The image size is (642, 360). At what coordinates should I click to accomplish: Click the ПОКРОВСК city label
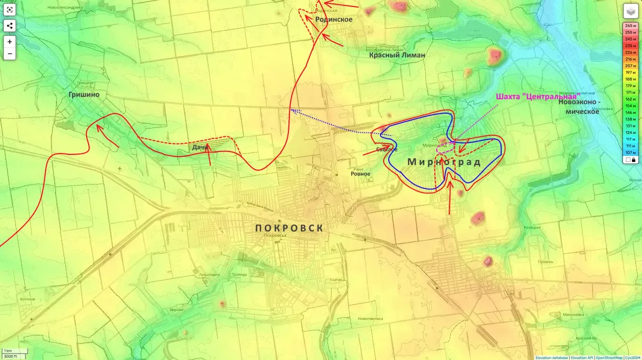click(x=289, y=228)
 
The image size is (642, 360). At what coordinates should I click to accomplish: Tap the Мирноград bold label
click(x=444, y=162)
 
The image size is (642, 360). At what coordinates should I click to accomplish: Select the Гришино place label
click(x=84, y=94)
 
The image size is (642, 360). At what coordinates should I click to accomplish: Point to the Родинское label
click(x=334, y=20)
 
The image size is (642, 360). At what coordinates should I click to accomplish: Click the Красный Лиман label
click(x=397, y=55)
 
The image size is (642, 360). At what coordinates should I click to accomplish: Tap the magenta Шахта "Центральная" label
click(x=536, y=96)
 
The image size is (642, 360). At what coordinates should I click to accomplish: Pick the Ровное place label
click(x=360, y=174)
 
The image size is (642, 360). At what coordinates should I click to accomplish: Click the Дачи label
click(x=200, y=147)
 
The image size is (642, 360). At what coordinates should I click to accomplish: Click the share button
click(x=10, y=26)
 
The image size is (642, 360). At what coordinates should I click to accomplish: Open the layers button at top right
click(x=630, y=11)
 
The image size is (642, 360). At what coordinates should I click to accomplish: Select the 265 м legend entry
click(x=630, y=26)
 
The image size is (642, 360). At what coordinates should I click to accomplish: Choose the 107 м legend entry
click(x=630, y=152)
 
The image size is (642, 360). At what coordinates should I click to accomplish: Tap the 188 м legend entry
click(x=630, y=79)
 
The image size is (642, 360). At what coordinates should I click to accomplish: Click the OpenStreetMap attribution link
click(x=609, y=357)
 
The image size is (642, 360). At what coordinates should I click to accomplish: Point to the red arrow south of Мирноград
click(x=450, y=198)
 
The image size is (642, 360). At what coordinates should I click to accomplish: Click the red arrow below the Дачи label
click(x=209, y=156)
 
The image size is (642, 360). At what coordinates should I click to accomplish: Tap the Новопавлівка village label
click(x=370, y=318)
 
